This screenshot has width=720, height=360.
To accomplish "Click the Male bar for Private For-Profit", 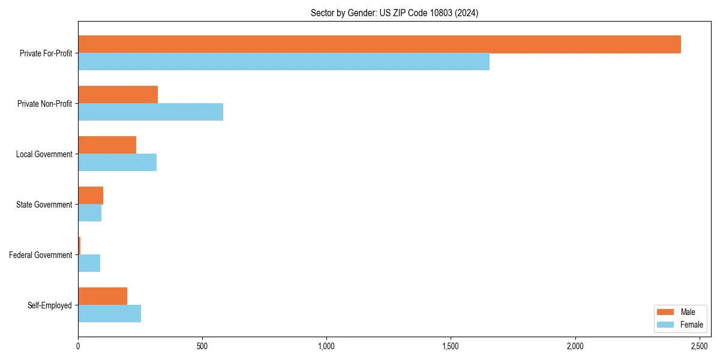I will (x=379, y=44).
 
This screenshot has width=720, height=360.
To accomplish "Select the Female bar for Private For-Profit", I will (x=284, y=62).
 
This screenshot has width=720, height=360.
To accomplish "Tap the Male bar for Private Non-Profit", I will (x=118, y=95).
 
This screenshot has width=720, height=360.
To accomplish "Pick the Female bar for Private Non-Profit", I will (x=151, y=112).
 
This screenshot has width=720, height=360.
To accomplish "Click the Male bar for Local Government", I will (x=107, y=145).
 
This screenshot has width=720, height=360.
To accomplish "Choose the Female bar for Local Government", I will (x=117, y=163).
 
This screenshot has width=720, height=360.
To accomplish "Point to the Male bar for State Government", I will (x=91, y=196).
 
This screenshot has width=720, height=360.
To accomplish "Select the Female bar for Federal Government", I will (x=89, y=263).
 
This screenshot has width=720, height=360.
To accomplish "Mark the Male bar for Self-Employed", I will (x=103, y=296).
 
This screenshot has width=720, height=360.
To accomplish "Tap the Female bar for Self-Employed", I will (x=109, y=314).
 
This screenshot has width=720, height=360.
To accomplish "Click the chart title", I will (x=394, y=13).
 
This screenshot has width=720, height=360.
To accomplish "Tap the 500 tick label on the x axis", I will (x=202, y=347).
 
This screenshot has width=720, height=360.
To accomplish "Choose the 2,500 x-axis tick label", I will (x=700, y=347).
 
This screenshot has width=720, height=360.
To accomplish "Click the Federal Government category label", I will (x=41, y=255).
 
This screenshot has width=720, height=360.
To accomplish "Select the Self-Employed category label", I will (x=50, y=305).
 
